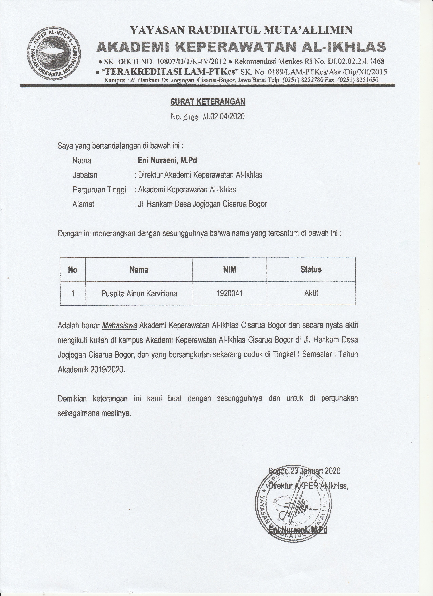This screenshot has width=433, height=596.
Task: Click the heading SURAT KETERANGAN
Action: [208, 102]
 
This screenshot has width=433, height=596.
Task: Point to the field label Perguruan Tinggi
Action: [99, 189]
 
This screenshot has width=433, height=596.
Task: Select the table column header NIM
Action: [230, 269]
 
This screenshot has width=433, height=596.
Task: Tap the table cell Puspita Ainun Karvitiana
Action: [139, 293]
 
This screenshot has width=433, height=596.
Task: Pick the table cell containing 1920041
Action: [230, 293]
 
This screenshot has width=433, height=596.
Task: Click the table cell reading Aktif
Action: [311, 293]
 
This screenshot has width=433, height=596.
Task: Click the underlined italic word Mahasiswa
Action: [119, 326]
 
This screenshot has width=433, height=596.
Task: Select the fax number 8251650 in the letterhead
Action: [367, 80]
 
